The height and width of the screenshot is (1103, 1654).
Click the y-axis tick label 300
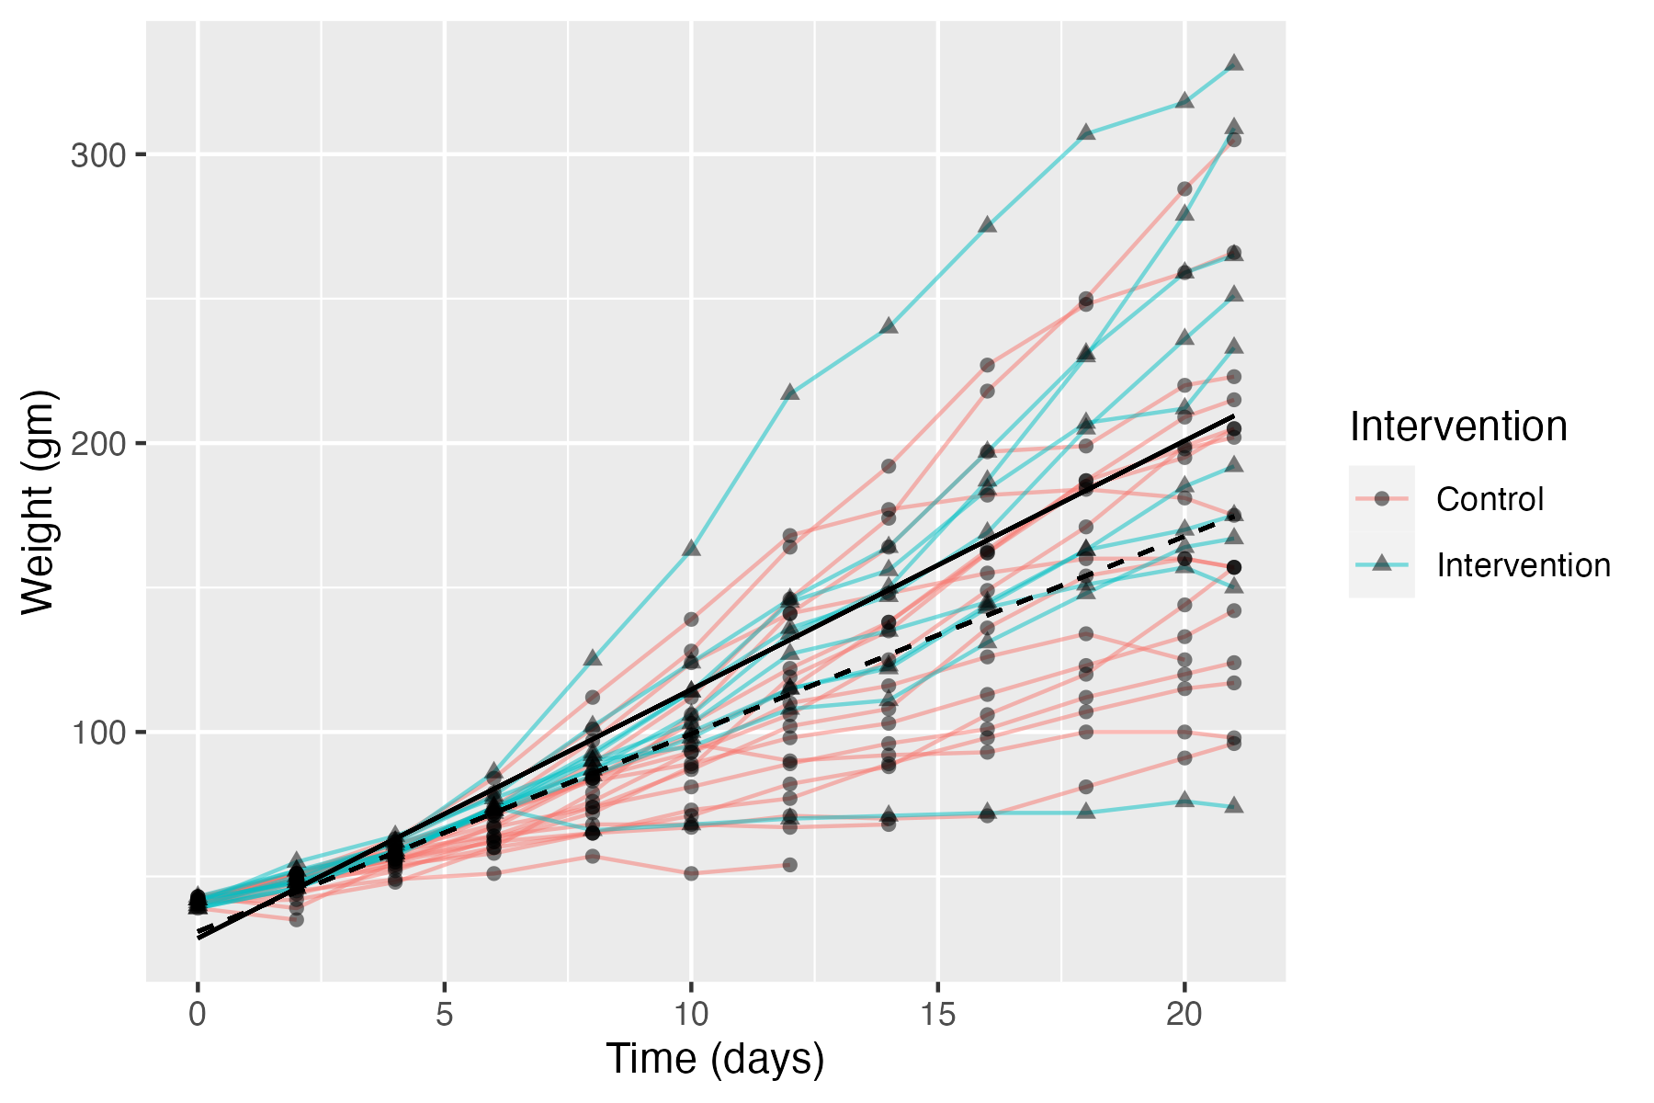97,155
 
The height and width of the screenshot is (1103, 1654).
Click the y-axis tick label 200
97,444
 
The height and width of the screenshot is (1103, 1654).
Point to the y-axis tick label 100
97,733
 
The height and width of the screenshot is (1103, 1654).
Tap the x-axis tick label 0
198,1015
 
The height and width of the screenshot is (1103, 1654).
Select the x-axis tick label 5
444,1015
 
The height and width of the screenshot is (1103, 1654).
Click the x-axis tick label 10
691,1015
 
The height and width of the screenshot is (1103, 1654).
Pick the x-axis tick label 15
937,1015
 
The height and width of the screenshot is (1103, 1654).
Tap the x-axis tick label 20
1184,1015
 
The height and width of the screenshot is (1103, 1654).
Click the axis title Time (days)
715,1059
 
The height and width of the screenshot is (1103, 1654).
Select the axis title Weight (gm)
39,502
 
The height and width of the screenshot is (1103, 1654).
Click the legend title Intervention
1458,426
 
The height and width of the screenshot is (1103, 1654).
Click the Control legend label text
1490,499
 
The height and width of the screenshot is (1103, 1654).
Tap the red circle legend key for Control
1381,498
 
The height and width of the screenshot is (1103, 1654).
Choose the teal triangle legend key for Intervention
1381,564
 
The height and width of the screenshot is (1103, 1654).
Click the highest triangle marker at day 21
1234,63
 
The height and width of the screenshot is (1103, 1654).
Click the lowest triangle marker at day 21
1234,805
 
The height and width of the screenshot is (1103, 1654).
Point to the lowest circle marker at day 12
789,865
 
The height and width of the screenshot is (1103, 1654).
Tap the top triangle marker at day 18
1086,132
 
